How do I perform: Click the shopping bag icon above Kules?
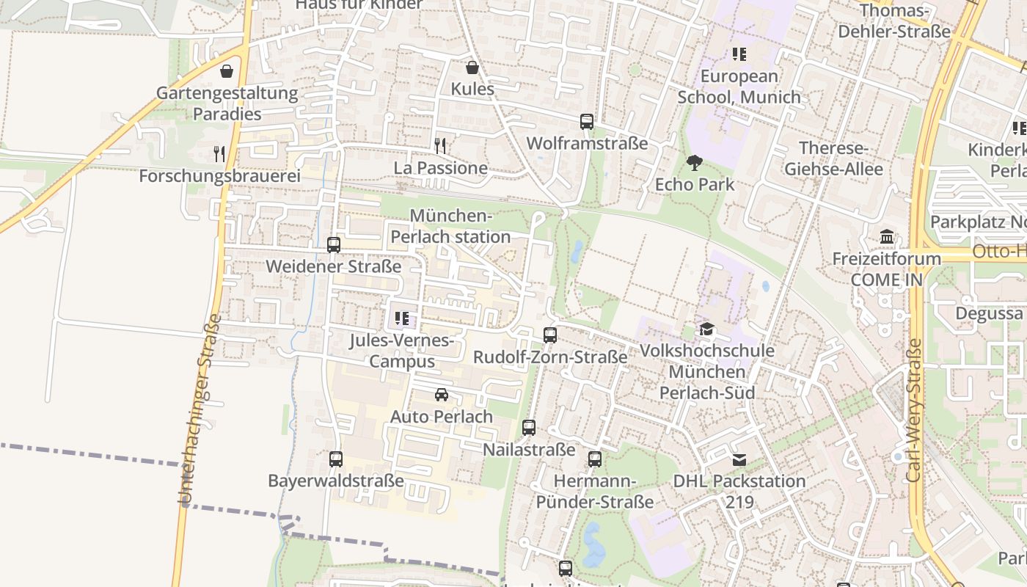click(x=472, y=68)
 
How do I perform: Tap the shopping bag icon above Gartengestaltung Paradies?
click(x=227, y=71)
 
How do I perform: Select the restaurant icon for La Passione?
click(x=440, y=146)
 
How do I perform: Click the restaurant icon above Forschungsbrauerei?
click(x=219, y=153)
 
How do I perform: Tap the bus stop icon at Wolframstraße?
click(x=587, y=122)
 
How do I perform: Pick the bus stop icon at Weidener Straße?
click(x=334, y=244)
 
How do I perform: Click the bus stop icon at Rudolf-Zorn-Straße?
click(x=550, y=335)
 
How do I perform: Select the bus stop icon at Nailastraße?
click(x=529, y=428)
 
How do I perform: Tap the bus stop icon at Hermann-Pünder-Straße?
click(x=595, y=459)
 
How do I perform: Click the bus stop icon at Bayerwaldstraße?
click(x=336, y=459)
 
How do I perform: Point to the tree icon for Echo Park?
click(x=694, y=162)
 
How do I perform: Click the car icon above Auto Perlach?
click(x=442, y=395)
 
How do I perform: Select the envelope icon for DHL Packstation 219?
click(x=739, y=460)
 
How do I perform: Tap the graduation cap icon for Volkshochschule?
click(x=706, y=329)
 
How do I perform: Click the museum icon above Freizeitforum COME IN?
click(x=887, y=237)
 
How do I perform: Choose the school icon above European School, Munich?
click(x=739, y=54)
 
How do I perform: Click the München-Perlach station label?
click(x=450, y=226)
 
